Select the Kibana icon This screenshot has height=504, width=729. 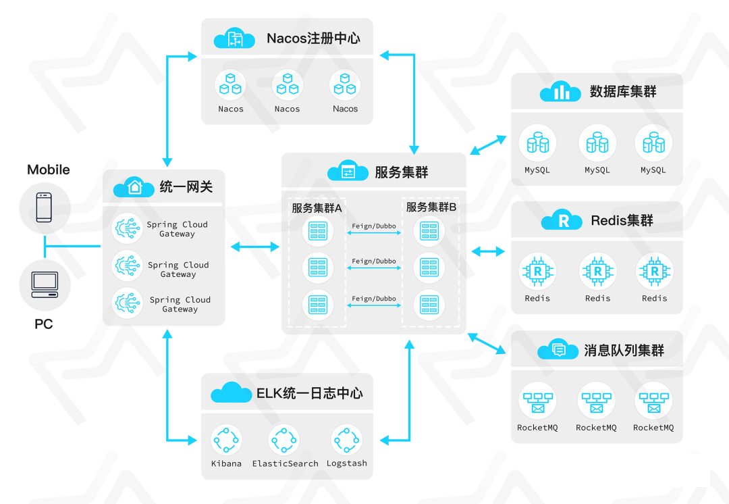pyautogui.click(x=226, y=440)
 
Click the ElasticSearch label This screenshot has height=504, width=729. pyautogui.click(x=285, y=463)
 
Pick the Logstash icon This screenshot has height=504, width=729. pyautogui.click(x=346, y=440)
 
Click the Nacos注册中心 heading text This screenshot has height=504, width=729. pyautogui.click(x=313, y=38)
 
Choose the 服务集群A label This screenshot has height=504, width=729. pyautogui.click(x=317, y=207)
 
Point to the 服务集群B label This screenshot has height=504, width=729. pyautogui.click(x=431, y=207)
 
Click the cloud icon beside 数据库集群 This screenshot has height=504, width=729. pyautogui.click(x=560, y=92)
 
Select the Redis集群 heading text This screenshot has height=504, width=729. pyautogui.click(x=622, y=220)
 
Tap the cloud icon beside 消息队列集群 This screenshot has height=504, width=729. pyautogui.click(x=558, y=350)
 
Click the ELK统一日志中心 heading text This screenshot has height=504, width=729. pyautogui.click(x=309, y=393)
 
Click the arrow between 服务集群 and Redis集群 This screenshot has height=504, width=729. pyautogui.click(x=487, y=251)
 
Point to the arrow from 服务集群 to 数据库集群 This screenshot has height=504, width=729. pyautogui.click(x=488, y=145)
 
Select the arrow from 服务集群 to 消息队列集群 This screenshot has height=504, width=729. pyautogui.click(x=487, y=344)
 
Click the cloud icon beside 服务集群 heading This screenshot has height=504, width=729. pyautogui.click(x=348, y=172)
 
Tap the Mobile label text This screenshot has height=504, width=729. pyautogui.click(x=49, y=170)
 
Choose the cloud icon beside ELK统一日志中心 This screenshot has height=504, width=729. pyautogui.click(x=231, y=393)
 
